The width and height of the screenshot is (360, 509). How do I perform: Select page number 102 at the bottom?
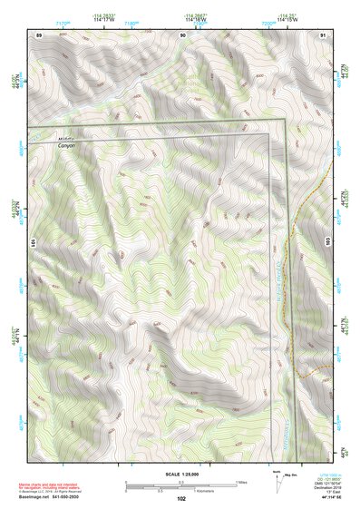coord(182,498)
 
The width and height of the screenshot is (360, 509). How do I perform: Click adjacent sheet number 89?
coord(39,34)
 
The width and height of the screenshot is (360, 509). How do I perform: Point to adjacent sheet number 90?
coord(182,34)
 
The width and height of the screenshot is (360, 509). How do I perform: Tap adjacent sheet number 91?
coord(324,34)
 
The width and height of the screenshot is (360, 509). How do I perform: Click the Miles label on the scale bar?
coord(242,481)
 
